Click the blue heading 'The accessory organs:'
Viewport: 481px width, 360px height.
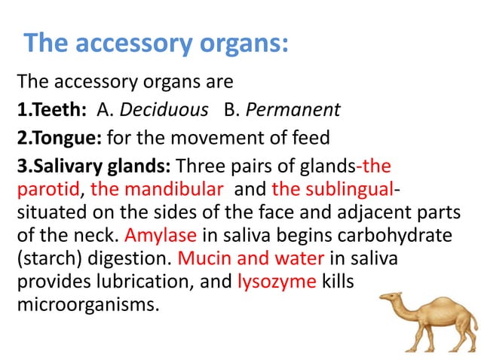click(156, 43)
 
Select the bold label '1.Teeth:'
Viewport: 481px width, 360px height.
click(52, 111)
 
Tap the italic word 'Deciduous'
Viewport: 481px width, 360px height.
click(164, 111)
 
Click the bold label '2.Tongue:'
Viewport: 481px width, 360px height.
click(60, 139)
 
